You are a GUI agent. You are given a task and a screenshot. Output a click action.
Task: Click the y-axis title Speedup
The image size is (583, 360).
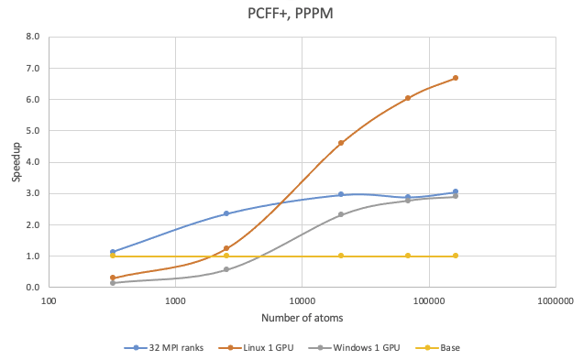click(x=16, y=162)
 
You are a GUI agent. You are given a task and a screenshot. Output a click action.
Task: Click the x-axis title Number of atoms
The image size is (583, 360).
click(x=302, y=318)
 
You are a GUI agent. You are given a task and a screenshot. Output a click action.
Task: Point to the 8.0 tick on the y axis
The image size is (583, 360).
click(x=33, y=38)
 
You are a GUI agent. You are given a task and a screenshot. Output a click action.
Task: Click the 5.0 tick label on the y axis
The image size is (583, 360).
click(x=33, y=131)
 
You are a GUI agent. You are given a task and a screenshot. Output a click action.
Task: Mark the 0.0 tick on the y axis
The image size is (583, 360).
click(x=33, y=288)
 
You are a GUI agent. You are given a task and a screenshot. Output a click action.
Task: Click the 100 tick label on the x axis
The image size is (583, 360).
click(x=49, y=300)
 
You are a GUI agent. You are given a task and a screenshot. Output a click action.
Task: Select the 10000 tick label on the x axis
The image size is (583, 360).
click(x=302, y=300)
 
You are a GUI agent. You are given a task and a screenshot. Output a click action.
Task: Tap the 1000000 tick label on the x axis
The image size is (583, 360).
click(x=555, y=300)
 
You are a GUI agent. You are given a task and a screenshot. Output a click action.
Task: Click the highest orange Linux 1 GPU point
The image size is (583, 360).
click(x=456, y=78)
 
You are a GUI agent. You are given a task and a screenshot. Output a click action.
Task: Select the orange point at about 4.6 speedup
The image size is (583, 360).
click(x=341, y=143)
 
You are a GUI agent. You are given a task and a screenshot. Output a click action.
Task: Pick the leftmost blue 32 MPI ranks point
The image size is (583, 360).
click(x=112, y=252)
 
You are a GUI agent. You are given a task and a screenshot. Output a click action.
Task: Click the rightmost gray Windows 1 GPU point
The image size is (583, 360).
click(x=456, y=196)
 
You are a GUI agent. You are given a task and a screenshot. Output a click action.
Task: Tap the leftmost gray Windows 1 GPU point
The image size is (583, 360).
click(x=112, y=283)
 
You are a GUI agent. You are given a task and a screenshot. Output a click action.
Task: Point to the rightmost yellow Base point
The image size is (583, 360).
click(x=456, y=256)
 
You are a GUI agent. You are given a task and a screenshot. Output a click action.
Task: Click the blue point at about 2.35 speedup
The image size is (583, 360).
click(x=226, y=213)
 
